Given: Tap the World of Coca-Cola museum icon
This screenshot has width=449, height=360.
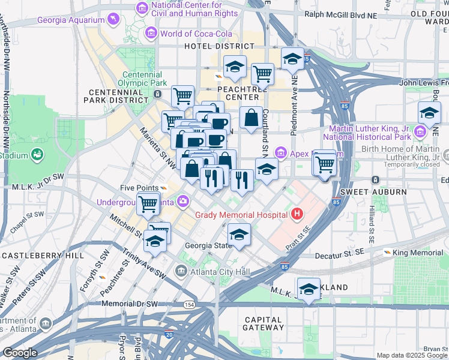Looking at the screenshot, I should (x=151, y=33).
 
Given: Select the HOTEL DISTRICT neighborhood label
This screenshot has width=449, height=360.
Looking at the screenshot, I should (x=219, y=46).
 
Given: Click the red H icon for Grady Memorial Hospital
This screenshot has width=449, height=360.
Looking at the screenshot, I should (x=296, y=213).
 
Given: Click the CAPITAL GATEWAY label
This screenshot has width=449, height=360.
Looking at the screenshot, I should (x=264, y=323).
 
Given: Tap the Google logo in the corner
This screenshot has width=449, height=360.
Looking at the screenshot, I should (x=19, y=353).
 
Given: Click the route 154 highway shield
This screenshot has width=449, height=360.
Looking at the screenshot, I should (x=189, y=305).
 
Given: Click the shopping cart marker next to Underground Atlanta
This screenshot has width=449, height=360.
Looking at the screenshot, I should (x=148, y=204).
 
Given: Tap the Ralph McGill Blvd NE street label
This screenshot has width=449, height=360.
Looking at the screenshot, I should (x=340, y=14).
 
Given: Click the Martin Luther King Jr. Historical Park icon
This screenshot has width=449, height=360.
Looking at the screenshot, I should (x=420, y=131).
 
